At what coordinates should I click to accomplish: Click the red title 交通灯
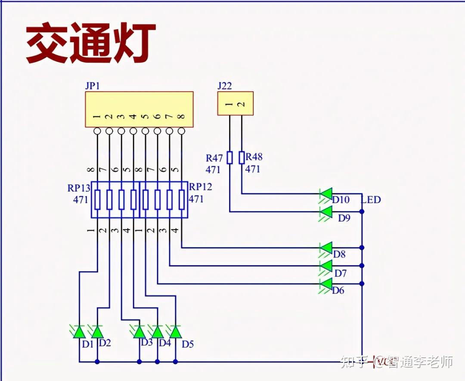pos(90,43)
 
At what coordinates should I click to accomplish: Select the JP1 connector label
pos(93,86)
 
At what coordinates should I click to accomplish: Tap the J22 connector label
pos(224,86)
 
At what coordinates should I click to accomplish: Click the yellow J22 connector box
pos(235,103)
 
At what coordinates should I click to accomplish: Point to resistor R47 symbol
pos(229,158)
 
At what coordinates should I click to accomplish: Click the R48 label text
pos(254,157)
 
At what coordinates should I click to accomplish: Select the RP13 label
pos(79,188)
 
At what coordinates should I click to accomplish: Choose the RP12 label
pos(200,187)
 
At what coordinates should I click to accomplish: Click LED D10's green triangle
pos(326,194)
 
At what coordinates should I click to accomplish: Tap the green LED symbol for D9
pos(326,212)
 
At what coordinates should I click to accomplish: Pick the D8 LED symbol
pos(326,248)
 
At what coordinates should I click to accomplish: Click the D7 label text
pos(340,273)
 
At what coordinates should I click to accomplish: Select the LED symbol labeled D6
pos(326,284)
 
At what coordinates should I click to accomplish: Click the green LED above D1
pos(79,332)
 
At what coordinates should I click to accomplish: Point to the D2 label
pos(105,343)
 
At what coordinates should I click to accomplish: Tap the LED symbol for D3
pos(139,332)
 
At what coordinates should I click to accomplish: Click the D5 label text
pos(188,344)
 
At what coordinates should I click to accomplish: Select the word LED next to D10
pos(371,200)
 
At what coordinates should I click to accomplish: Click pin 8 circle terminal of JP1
pos(181,131)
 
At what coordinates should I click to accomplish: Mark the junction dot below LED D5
pos(175,362)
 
